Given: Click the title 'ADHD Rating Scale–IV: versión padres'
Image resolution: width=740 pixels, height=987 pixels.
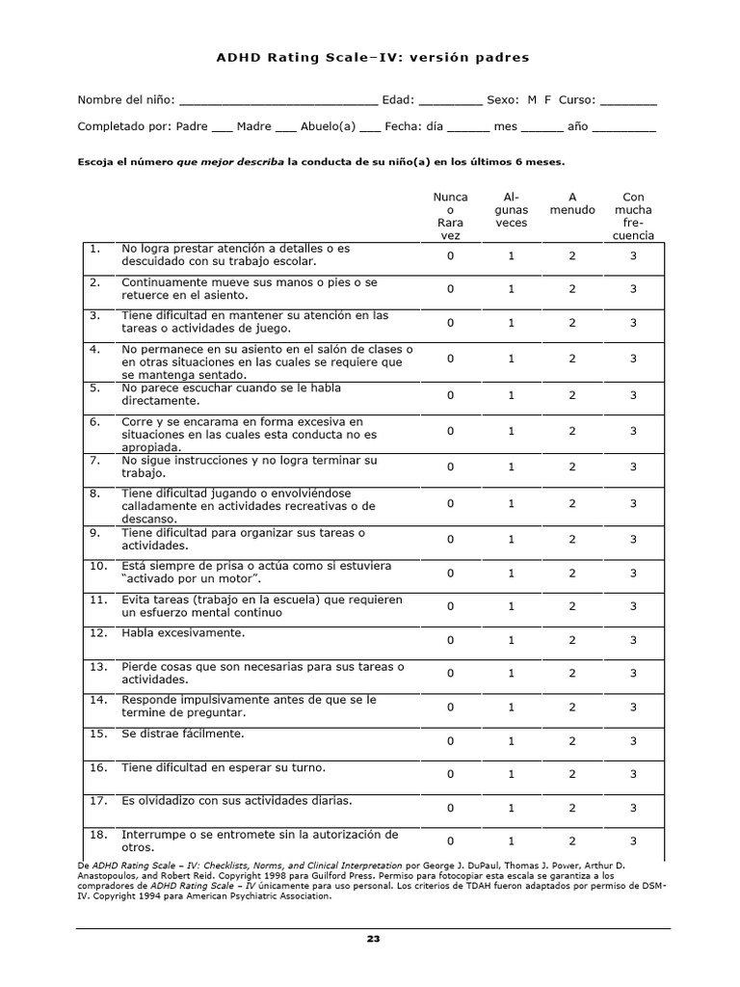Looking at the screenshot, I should (372, 58).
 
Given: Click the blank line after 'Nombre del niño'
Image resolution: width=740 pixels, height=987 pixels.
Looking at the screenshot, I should (278, 101).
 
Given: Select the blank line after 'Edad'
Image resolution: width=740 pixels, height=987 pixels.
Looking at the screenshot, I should (450, 101).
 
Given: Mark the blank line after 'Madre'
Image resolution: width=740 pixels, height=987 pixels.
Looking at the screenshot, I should (285, 127).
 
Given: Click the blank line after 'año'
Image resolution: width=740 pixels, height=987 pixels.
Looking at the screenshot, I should (623, 127).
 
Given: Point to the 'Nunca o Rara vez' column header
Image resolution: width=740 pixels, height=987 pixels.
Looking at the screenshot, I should (450, 216).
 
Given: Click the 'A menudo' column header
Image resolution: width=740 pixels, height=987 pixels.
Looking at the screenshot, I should (571, 203).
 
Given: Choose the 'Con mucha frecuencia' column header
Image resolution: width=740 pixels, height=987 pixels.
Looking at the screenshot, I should (633, 216).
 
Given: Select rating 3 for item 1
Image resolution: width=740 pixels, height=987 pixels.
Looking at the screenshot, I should (633, 256).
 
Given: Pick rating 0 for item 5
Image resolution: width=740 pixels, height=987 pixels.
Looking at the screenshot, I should (450, 395).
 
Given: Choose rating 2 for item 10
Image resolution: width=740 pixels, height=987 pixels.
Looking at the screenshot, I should (571, 574).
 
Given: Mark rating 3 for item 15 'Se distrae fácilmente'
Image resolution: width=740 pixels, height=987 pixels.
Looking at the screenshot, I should (633, 741).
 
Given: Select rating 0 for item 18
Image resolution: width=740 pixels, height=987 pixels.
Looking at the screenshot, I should (450, 841).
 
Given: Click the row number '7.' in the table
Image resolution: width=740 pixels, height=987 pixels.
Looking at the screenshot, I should (95, 461).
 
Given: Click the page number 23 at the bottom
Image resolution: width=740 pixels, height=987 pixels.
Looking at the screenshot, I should (373, 938).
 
